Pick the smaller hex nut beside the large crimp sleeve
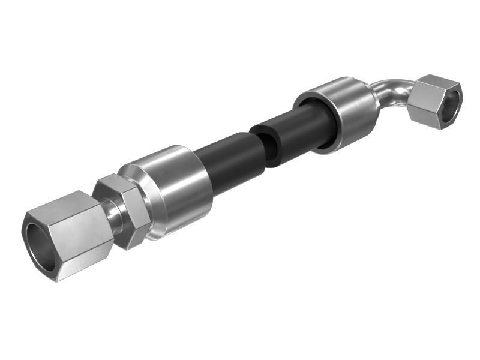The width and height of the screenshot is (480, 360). (123, 211)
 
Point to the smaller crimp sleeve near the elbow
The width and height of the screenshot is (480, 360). (342, 111)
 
